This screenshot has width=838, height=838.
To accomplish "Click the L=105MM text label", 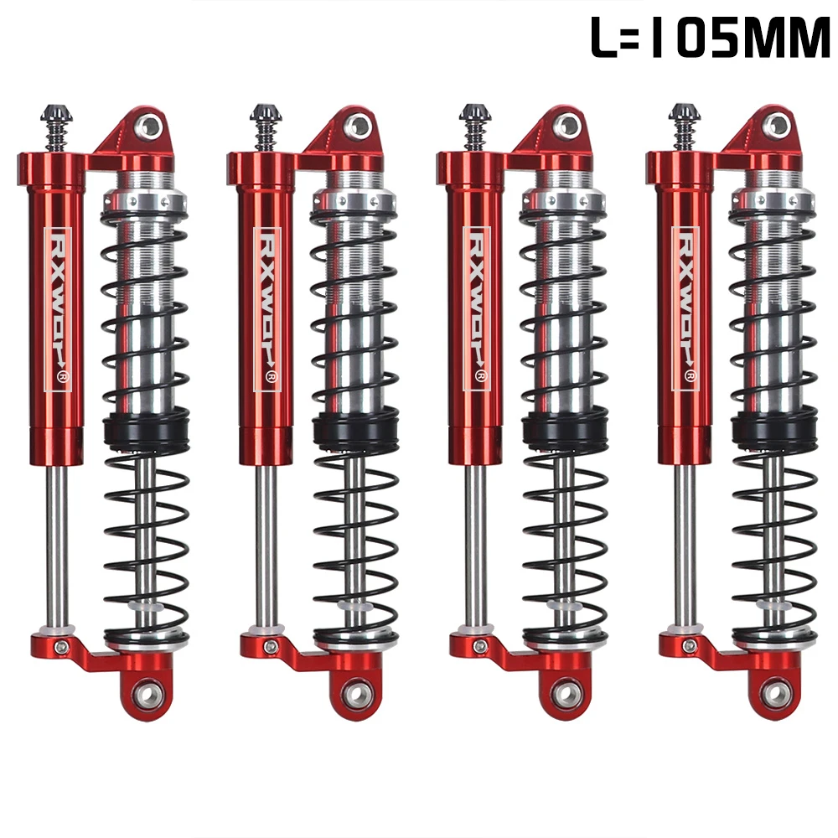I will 709,39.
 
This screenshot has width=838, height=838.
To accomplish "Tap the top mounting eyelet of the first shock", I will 148,127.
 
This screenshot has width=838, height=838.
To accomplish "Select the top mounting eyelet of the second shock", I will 358,127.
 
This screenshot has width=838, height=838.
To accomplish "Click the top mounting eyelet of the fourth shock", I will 777,127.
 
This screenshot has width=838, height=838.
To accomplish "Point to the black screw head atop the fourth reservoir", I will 682,112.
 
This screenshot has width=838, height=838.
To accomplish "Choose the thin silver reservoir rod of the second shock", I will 266,545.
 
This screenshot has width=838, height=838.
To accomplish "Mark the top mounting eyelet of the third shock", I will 567,127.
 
